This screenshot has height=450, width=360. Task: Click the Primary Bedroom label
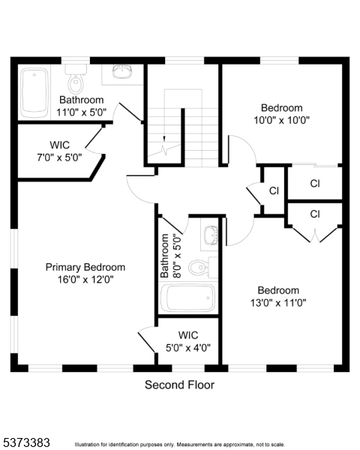85,267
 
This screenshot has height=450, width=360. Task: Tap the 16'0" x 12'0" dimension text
85,279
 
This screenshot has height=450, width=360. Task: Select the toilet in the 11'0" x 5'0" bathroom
76,79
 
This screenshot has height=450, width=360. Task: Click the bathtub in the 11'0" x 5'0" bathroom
34,93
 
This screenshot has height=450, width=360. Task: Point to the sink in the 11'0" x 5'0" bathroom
122,71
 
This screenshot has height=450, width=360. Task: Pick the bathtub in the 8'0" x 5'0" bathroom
187,298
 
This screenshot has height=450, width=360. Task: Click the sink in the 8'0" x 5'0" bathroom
211,235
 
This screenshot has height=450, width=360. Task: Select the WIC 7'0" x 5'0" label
59,151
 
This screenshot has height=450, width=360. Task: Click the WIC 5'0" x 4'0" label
188,341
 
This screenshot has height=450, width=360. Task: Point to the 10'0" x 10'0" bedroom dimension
281,120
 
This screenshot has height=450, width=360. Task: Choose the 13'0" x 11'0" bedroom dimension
278,303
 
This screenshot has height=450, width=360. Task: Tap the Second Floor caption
179,385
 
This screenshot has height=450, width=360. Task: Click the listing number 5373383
25,442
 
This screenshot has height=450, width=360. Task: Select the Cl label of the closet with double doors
315,214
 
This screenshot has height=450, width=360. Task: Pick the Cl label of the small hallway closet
274,190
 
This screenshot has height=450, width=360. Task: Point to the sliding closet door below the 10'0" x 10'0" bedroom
315,165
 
